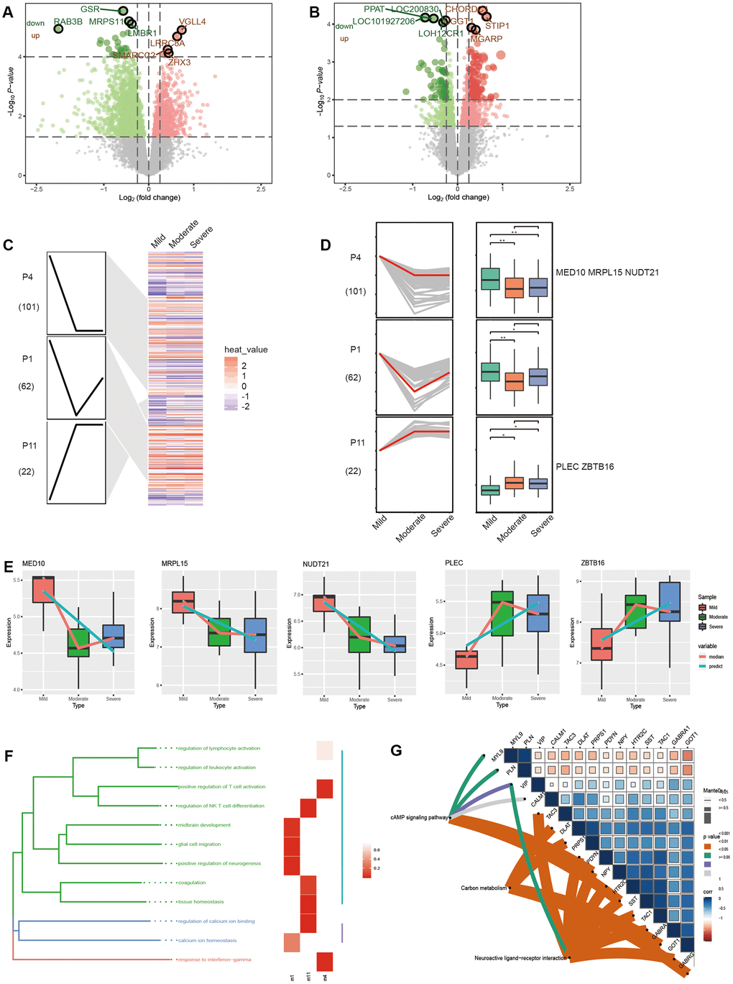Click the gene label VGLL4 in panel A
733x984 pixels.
pyautogui.click(x=192, y=22)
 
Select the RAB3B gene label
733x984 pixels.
pyautogui.click(x=68, y=22)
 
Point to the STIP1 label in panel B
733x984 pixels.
pyautogui.click(x=497, y=27)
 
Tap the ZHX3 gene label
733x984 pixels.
pyautogui.click(x=179, y=63)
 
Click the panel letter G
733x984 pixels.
pyautogui.click(x=396, y=751)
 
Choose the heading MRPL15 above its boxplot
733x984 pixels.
pyautogui.click(x=175, y=563)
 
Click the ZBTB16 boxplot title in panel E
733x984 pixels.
pyautogui.click(x=593, y=562)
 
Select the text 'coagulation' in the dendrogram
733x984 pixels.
pyautogui.click(x=192, y=883)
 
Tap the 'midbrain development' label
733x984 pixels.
pyautogui.click(x=205, y=825)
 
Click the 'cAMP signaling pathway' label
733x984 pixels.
pyautogui.click(x=418, y=818)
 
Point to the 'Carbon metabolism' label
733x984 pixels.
pyautogui.click(x=484, y=888)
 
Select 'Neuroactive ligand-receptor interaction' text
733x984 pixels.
pyautogui.click(x=520, y=958)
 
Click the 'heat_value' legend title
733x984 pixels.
pyautogui.click(x=246, y=350)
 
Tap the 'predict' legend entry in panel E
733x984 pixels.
pyautogui.click(x=715, y=666)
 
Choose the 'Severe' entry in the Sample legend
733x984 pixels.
pyautogui.click(x=716, y=627)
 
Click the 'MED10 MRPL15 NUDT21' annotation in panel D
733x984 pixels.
pyautogui.click(x=607, y=273)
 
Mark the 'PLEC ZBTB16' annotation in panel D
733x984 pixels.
pyautogui.click(x=584, y=467)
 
